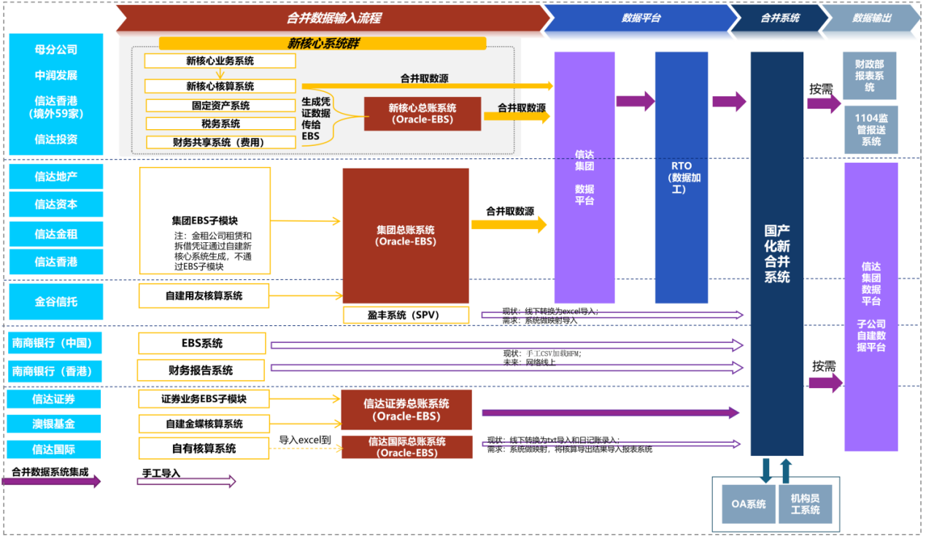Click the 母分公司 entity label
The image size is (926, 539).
click(x=55, y=50)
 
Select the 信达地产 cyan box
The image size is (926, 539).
click(x=55, y=177)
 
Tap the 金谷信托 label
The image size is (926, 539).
click(x=55, y=300)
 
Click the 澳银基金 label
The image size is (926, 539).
click(x=54, y=424)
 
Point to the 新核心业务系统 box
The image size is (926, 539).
click(x=220, y=61)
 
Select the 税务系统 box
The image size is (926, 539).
click(x=220, y=124)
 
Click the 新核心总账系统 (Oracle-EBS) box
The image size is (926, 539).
click(x=423, y=114)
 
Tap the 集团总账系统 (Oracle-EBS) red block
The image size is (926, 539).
click(x=406, y=236)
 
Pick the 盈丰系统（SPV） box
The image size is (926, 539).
click(x=406, y=315)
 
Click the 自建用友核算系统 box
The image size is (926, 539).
click(x=204, y=296)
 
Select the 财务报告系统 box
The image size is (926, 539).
click(x=201, y=370)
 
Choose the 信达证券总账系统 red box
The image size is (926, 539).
click(x=406, y=410)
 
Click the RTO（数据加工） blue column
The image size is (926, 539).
click(x=682, y=177)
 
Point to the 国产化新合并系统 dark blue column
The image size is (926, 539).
click(x=777, y=253)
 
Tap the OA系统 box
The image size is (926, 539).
click(x=749, y=504)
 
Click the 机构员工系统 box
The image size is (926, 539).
click(x=805, y=504)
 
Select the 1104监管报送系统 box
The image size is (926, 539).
click(x=871, y=130)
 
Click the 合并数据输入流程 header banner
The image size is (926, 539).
click(x=333, y=18)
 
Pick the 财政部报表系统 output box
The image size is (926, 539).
click(x=870, y=76)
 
